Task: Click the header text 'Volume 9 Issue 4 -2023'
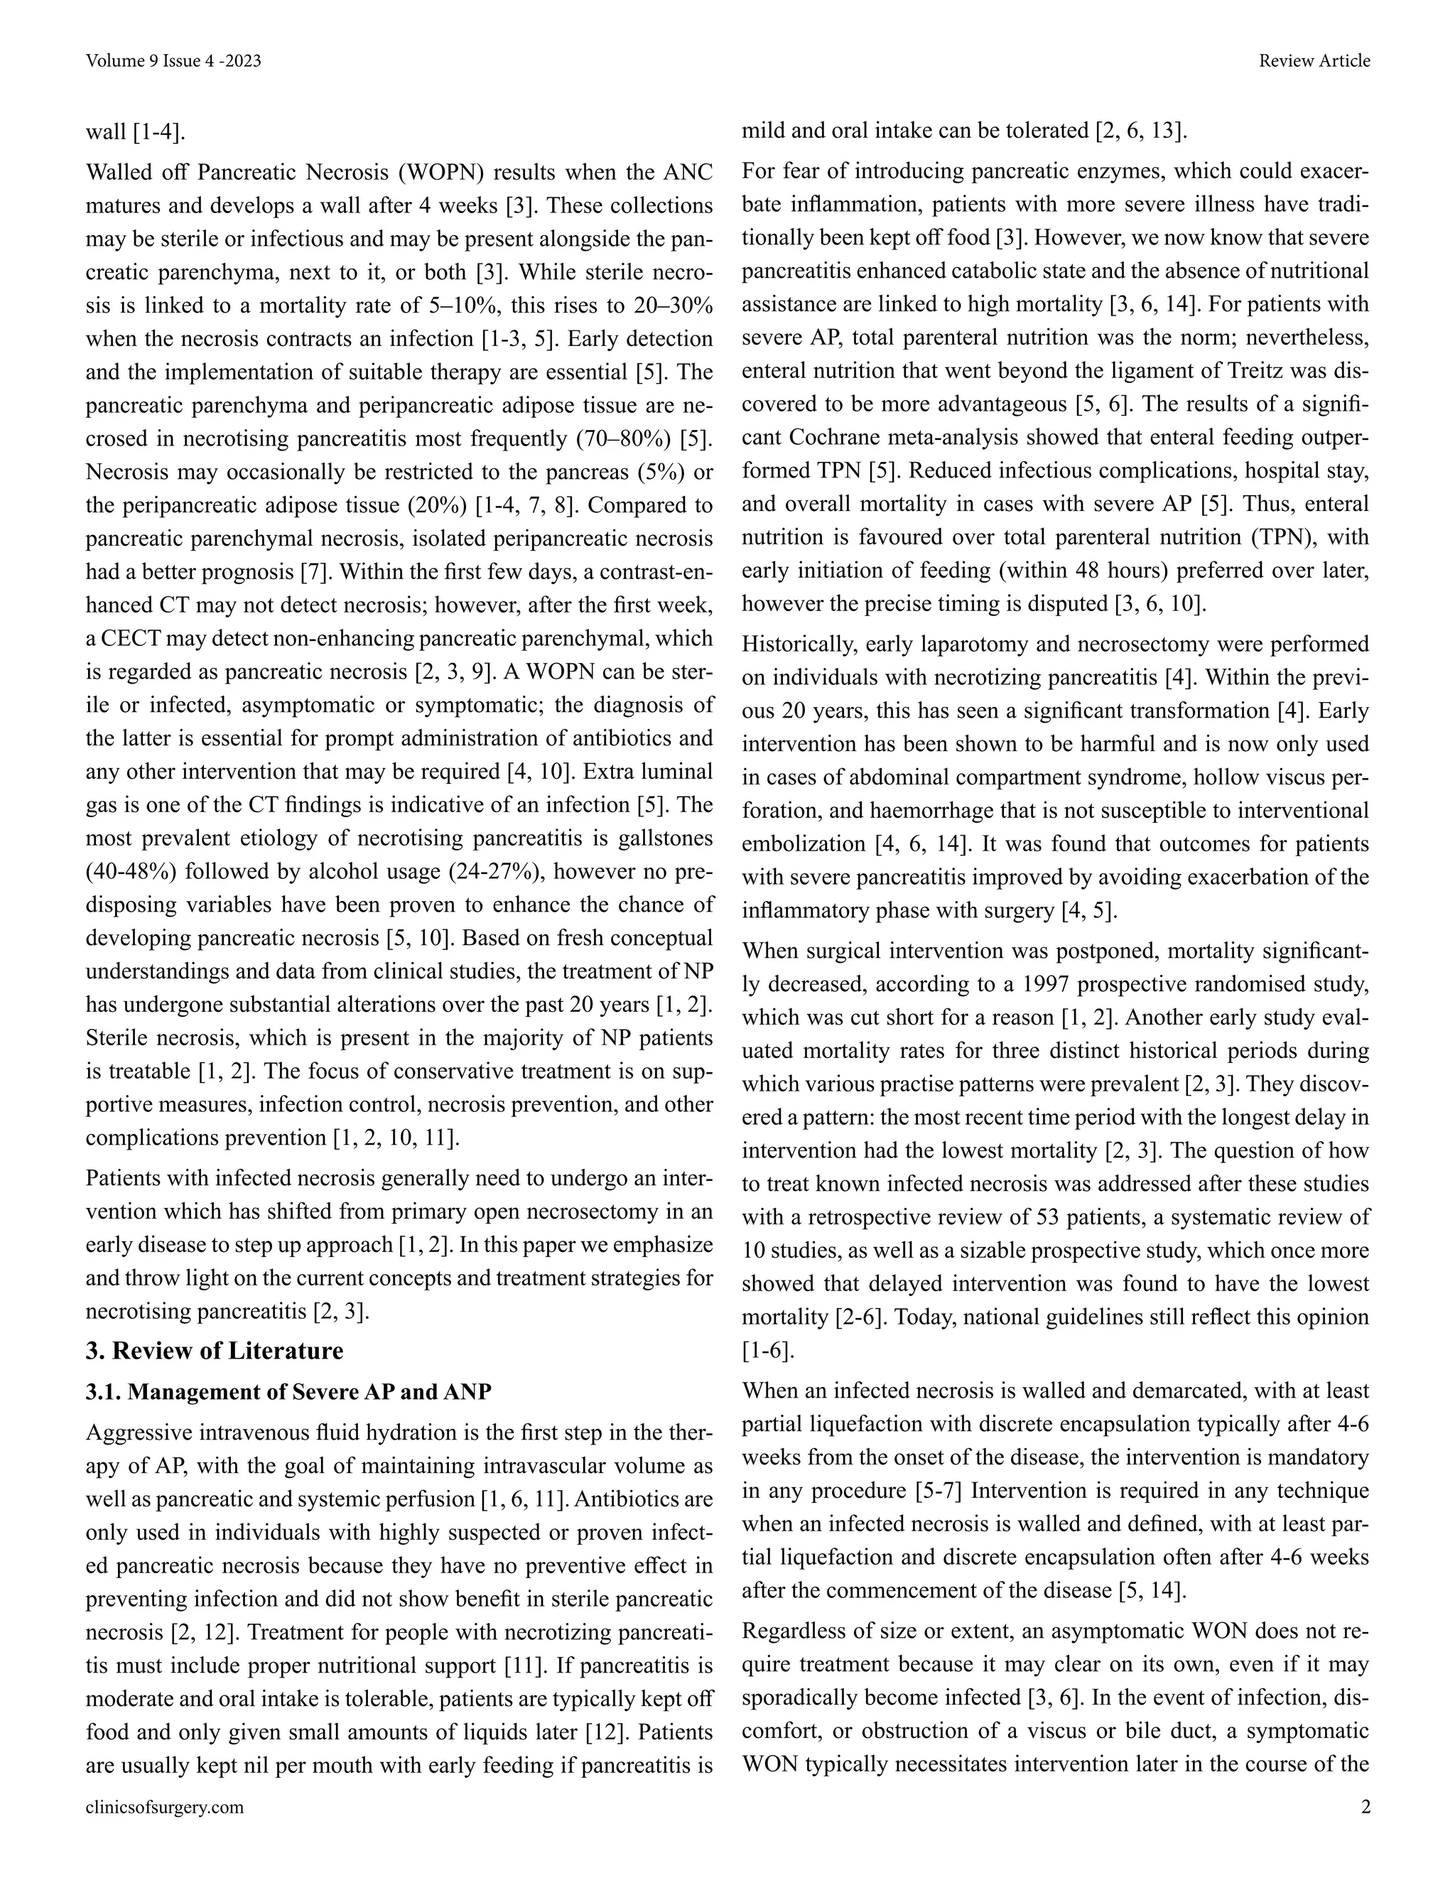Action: pyautogui.click(x=173, y=61)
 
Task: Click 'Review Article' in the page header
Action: pyautogui.click(x=1314, y=61)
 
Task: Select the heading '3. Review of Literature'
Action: pyautogui.click(x=215, y=1350)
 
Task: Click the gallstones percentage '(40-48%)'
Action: pyautogui.click(x=131, y=872)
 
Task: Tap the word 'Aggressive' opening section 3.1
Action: pyautogui.click(x=138, y=1433)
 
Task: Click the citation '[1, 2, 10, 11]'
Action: pyautogui.click(x=396, y=1138)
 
